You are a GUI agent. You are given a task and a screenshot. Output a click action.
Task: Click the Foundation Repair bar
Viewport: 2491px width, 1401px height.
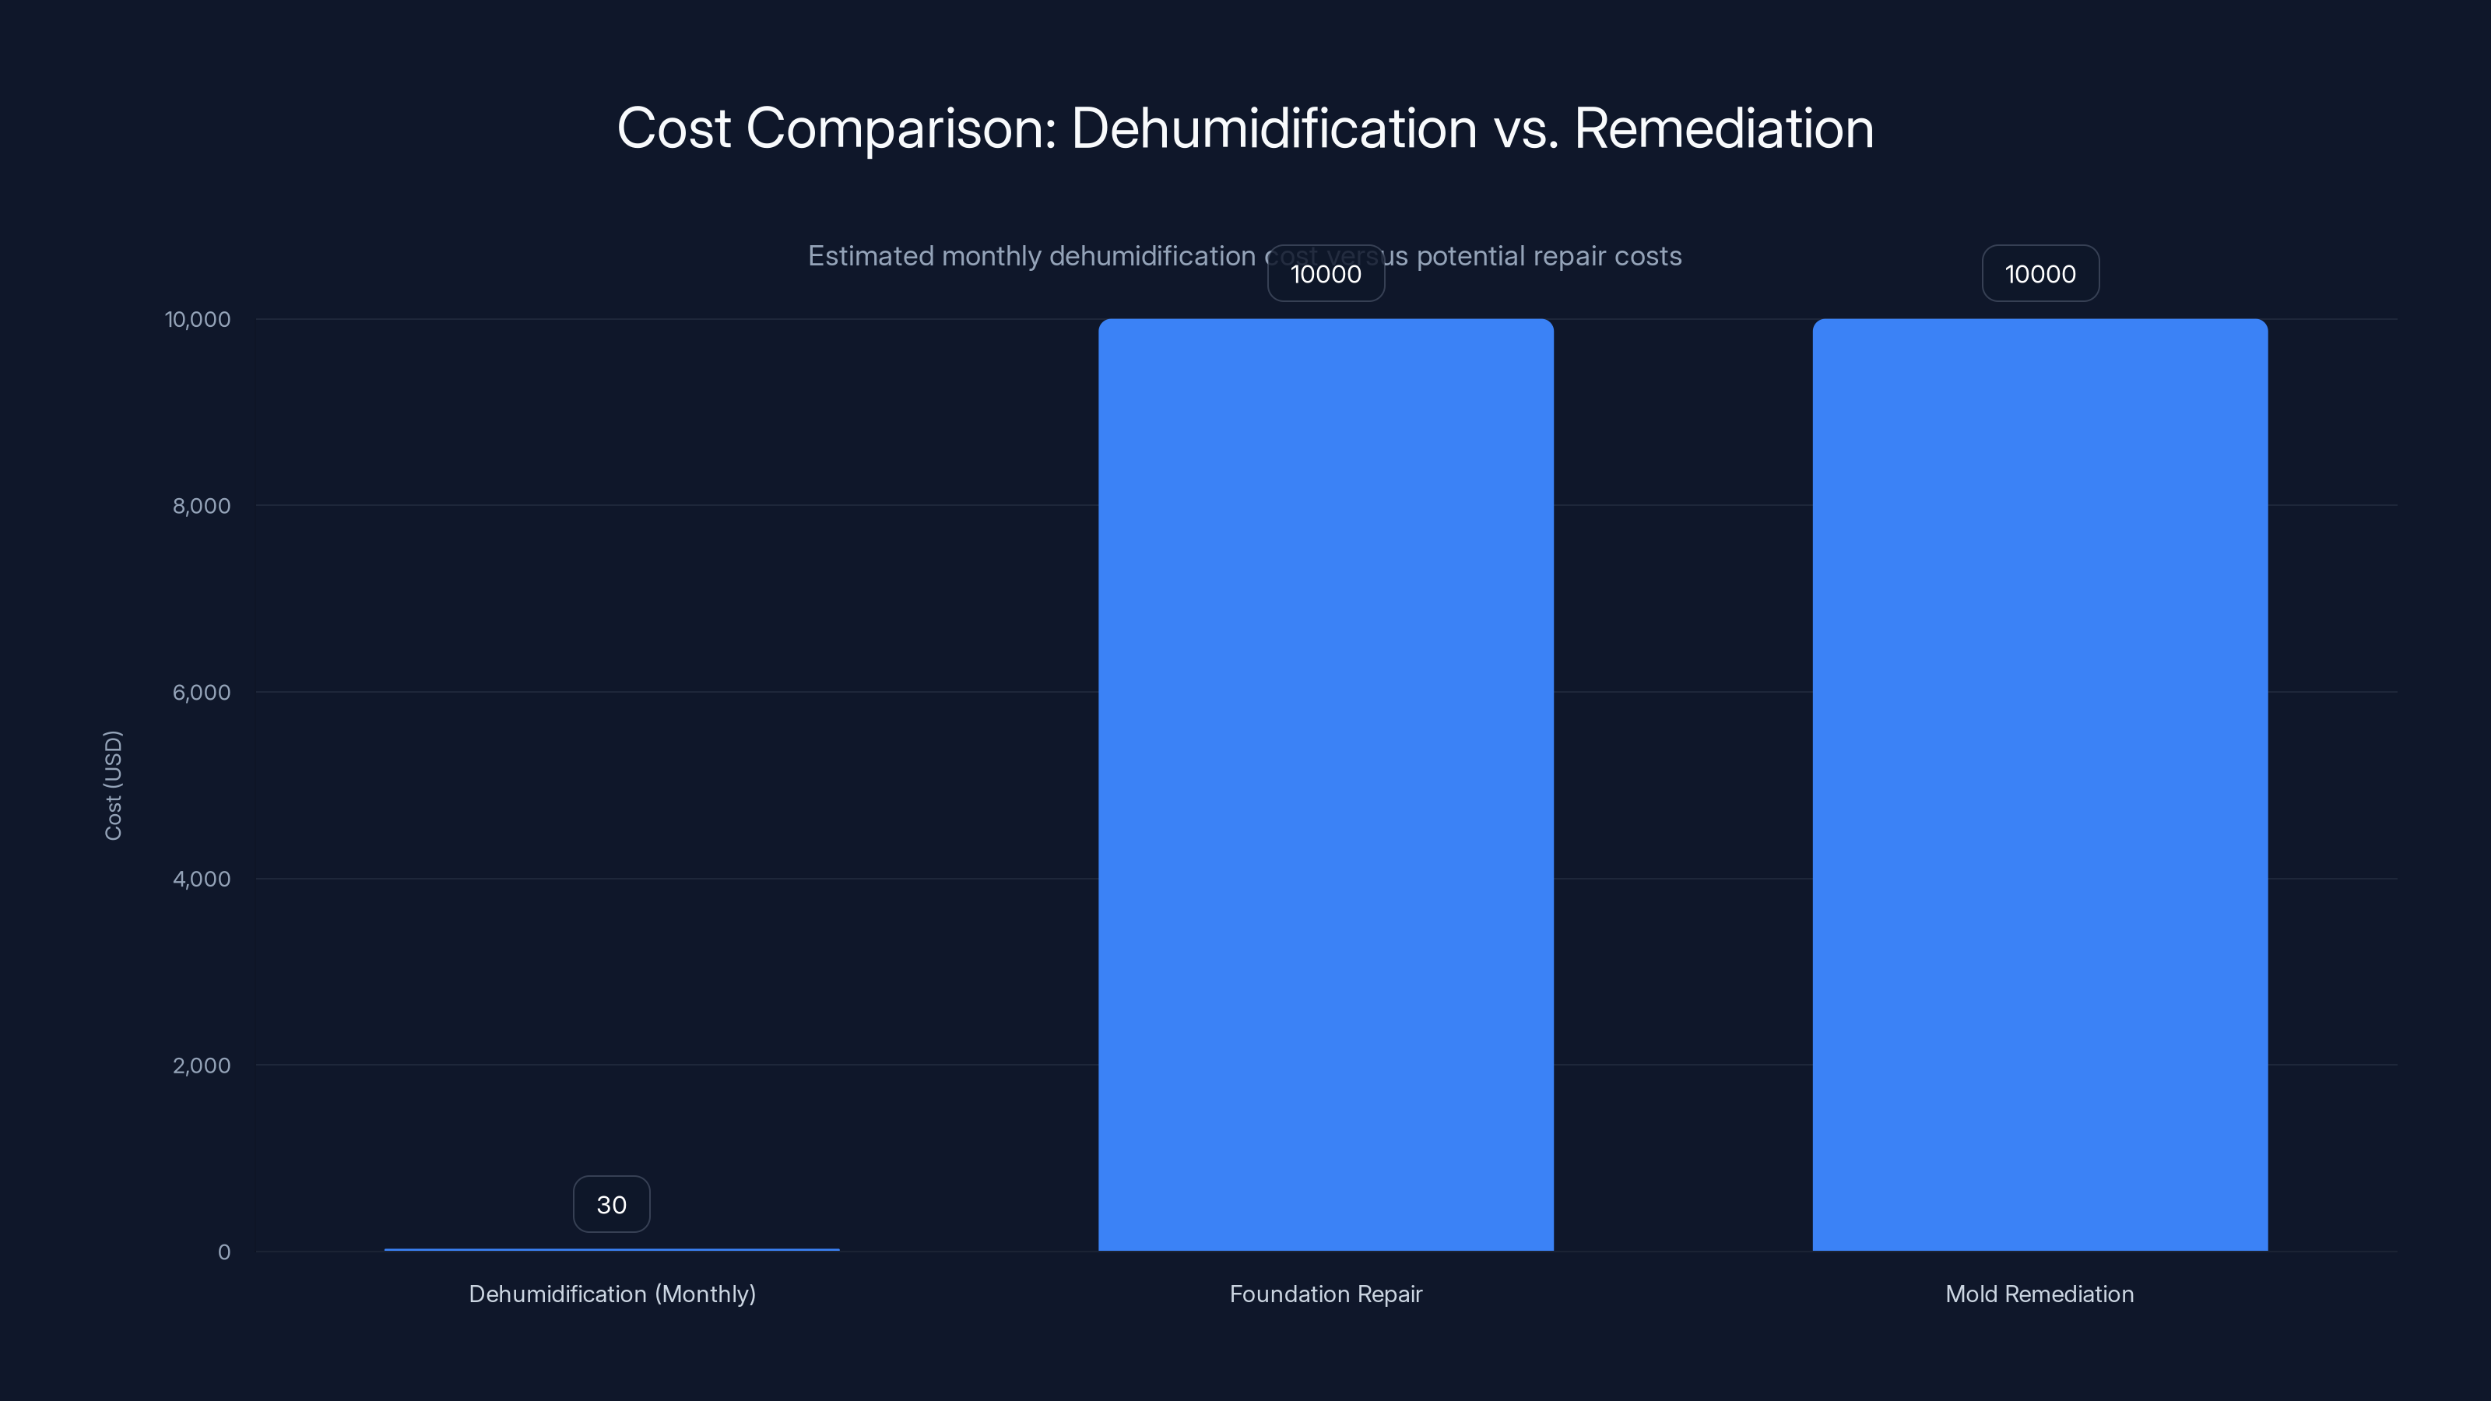[x=1326, y=784]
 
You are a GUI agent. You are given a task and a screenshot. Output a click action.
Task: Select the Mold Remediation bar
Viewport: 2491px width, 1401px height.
[x=2040, y=784]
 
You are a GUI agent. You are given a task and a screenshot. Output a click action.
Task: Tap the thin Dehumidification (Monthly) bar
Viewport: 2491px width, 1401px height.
[x=611, y=1249]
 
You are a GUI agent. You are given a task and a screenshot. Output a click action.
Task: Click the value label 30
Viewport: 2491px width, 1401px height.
[x=611, y=1205]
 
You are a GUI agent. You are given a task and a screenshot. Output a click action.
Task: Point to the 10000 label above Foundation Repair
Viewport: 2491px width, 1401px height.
[x=1326, y=274]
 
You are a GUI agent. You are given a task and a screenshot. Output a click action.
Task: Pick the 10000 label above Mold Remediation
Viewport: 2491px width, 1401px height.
[x=2040, y=274]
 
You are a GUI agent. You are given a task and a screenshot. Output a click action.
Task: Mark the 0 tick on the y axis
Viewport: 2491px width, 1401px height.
[x=224, y=1252]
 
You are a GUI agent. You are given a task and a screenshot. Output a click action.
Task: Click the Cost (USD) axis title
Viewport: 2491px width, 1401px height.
[x=113, y=785]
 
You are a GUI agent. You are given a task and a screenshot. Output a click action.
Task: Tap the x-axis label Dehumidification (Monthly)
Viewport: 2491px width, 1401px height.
[x=612, y=1294]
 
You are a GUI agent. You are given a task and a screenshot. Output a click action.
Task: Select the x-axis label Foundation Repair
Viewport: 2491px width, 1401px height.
[x=1326, y=1294]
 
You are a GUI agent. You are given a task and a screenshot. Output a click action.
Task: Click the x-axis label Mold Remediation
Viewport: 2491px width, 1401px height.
[x=2040, y=1294]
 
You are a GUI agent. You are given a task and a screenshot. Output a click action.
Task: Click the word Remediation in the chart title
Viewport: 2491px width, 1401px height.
[x=1723, y=128]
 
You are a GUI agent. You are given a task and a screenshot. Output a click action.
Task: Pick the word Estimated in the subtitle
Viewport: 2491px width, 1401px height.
[x=870, y=256]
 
